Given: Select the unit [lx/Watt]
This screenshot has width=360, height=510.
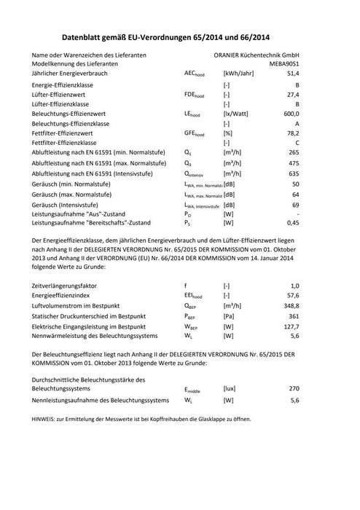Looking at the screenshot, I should (x=236, y=114).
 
